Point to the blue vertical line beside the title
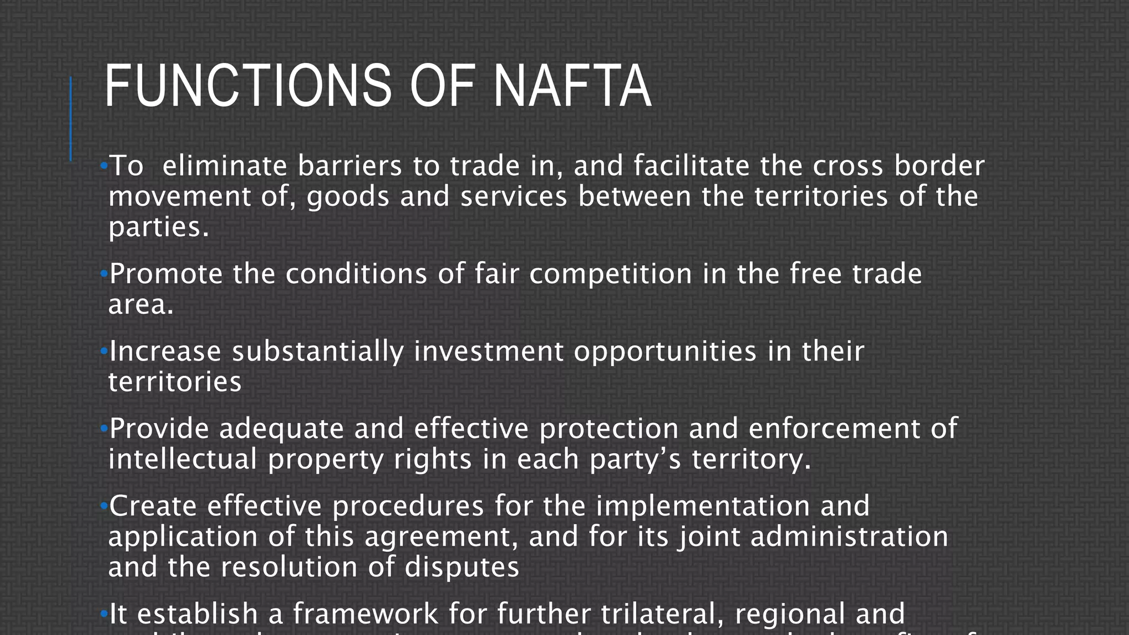pos(71,119)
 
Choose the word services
pos(514,197)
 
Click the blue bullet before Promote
pos(104,273)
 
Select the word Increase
pos(165,351)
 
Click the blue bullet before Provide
pos(104,428)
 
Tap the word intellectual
pos(182,459)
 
